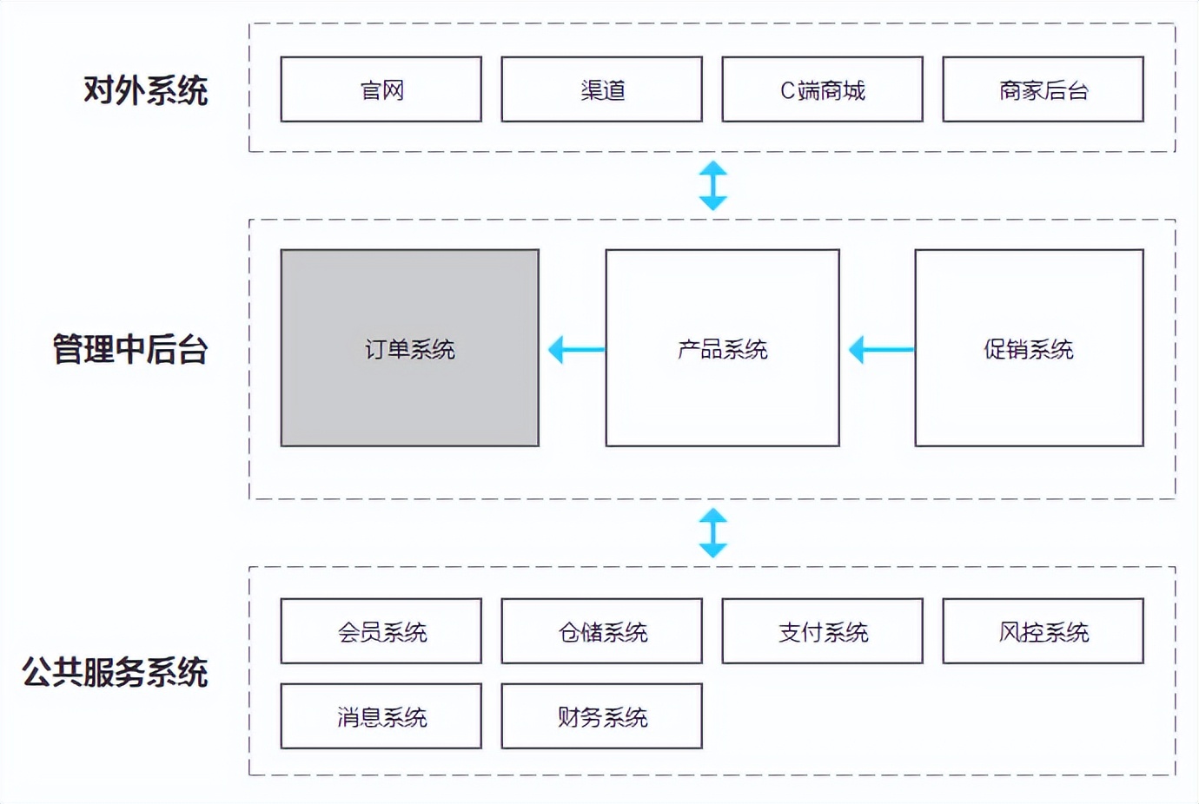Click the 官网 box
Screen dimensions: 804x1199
[381, 89]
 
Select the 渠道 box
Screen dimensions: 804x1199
[601, 89]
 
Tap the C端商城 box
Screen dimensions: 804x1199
[822, 89]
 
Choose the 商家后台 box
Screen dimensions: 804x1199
[1043, 89]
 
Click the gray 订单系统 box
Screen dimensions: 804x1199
[409, 348]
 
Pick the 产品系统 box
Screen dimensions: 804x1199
[722, 348]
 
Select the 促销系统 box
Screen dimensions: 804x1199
[1029, 348]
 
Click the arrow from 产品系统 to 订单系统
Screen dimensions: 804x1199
[576, 350]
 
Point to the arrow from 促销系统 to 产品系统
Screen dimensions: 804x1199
[881, 350]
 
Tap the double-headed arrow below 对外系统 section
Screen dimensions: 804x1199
[713, 186]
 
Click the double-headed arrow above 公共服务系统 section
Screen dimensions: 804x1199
[713, 533]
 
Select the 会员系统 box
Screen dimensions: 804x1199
[381, 631]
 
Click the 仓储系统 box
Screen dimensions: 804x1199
[601, 631]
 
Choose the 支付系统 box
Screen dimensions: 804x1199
[822, 631]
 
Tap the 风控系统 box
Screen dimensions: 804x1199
[1043, 631]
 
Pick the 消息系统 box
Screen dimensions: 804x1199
[381, 716]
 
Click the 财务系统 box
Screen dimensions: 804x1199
[601, 716]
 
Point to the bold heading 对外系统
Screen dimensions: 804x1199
[145, 90]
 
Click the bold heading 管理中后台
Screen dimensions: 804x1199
[130, 349]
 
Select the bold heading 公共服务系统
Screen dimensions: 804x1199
[115, 672]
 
